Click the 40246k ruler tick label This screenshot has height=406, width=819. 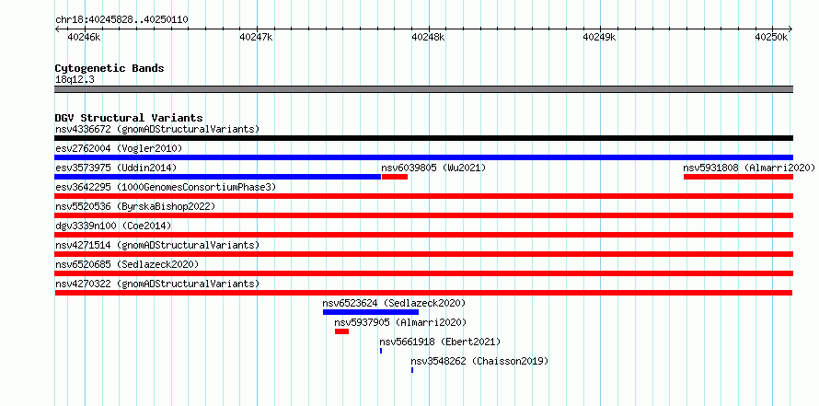click(x=85, y=37)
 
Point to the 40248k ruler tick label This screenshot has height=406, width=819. click(x=428, y=37)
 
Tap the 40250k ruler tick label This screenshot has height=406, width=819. click(x=771, y=37)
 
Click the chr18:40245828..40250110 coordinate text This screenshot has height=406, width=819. click(x=121, y=20)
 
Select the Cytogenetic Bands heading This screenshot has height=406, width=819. click(x=110, y=68)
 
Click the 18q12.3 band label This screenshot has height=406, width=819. click(x=75, y=80)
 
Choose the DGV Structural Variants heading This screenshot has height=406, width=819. click(x=129, y=118)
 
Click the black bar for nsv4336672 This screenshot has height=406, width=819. click(x=423, y=138)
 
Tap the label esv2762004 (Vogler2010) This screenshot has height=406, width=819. click(x=119, y=149)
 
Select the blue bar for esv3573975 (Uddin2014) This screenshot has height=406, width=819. click(x=218, y=177)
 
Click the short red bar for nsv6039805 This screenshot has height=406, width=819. click(x=395, y=177)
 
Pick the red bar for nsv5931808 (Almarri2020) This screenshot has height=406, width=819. click(x=738, y=177)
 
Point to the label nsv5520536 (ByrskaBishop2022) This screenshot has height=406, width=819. click(x=135, y=207)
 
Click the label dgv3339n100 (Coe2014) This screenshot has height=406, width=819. click(x=113, y=226)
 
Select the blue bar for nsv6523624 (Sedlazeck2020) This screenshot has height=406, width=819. click(x=370, y=312)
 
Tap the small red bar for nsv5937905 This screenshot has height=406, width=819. click(x=341, y=331)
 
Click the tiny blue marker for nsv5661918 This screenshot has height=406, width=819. click(x=381, y=351)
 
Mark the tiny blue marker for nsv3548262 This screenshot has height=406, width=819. click(x=412, y=370)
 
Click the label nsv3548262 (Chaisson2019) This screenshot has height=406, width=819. click(x=479, y=361)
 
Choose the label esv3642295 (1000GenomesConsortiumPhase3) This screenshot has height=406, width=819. click(x=166, y=188)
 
